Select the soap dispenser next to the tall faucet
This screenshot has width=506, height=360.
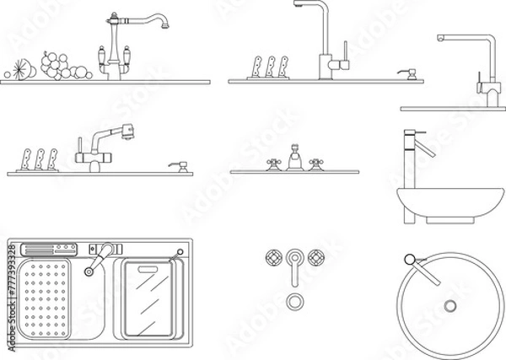(409, 74)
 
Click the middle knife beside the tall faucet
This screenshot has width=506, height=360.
(270, 66)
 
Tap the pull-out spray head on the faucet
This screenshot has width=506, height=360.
(126, 131)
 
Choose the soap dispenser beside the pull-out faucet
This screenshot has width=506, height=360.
(176, 165)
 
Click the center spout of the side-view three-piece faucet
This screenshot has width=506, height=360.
(294, 159)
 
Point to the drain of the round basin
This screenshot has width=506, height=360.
(449, 305)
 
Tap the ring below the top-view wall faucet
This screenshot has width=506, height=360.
(294, 301)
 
